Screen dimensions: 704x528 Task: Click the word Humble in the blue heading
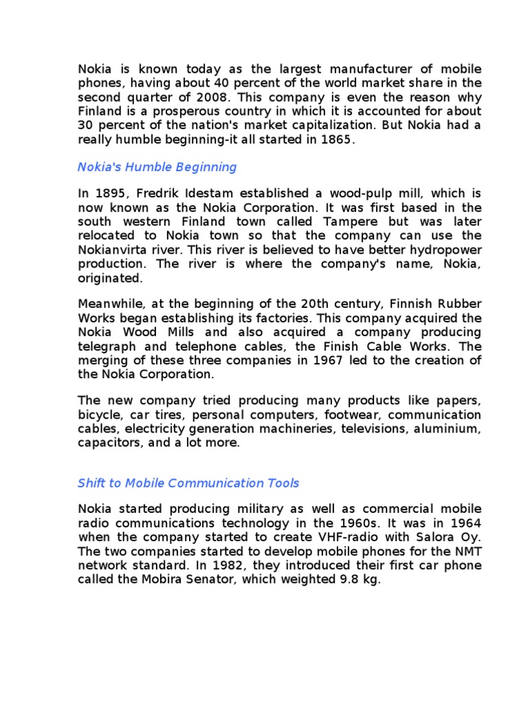click(x=145, y=167)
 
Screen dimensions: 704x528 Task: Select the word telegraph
click(x=109, y=346)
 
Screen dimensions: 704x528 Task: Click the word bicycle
click(x=100, y=415)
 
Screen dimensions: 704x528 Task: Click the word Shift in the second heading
click(x=92, y=483)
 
